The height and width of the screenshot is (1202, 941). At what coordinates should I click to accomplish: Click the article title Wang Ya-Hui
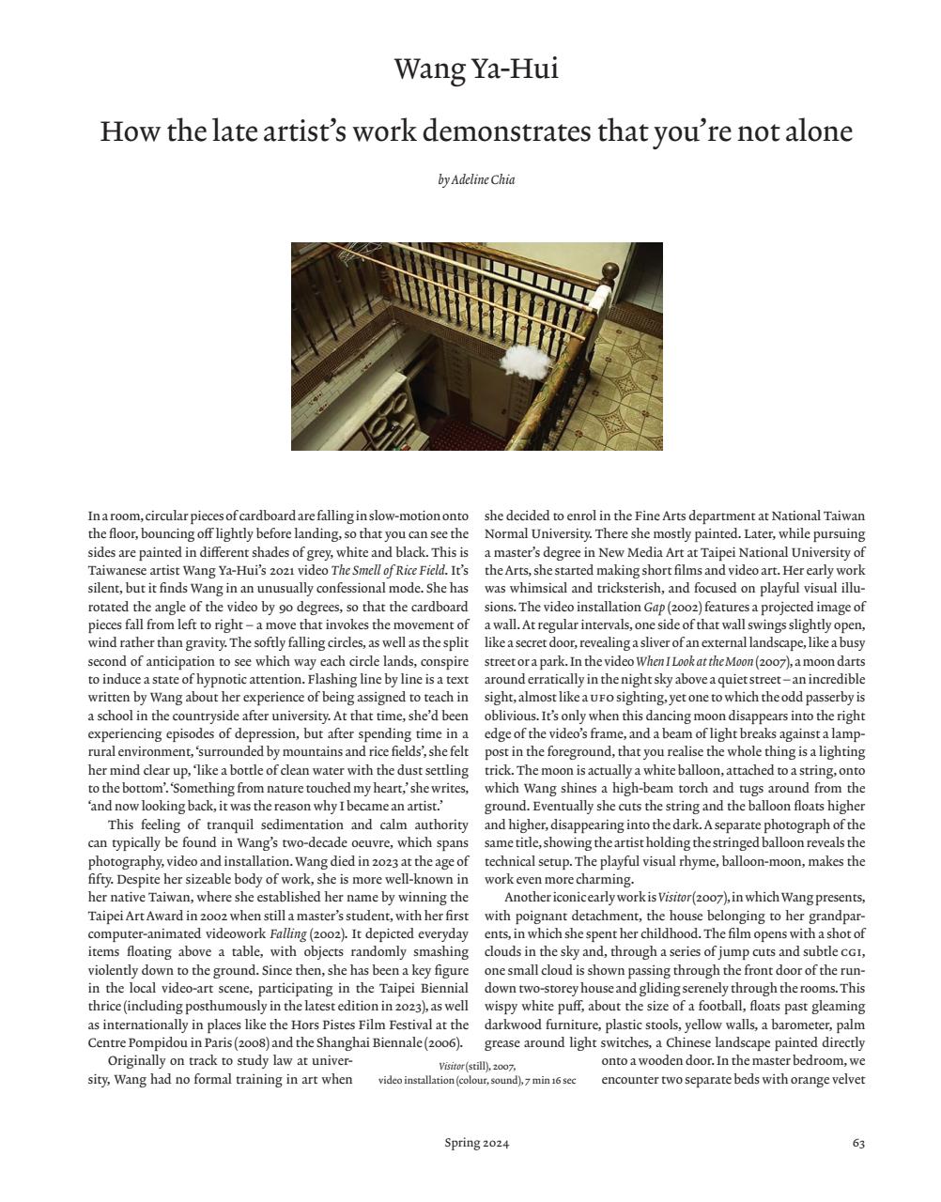[476, 69]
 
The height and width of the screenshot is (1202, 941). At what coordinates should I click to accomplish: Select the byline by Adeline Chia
[476, 179]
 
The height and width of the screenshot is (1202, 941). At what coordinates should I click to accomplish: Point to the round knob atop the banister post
[610, 272]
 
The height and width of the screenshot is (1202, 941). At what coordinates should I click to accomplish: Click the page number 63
[858, 1143]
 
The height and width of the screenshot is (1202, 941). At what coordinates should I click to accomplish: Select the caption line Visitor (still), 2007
[477, 1066]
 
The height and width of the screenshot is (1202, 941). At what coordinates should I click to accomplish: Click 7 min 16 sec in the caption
[551, 1081]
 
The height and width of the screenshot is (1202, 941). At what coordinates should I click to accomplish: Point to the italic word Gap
[654, 607]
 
